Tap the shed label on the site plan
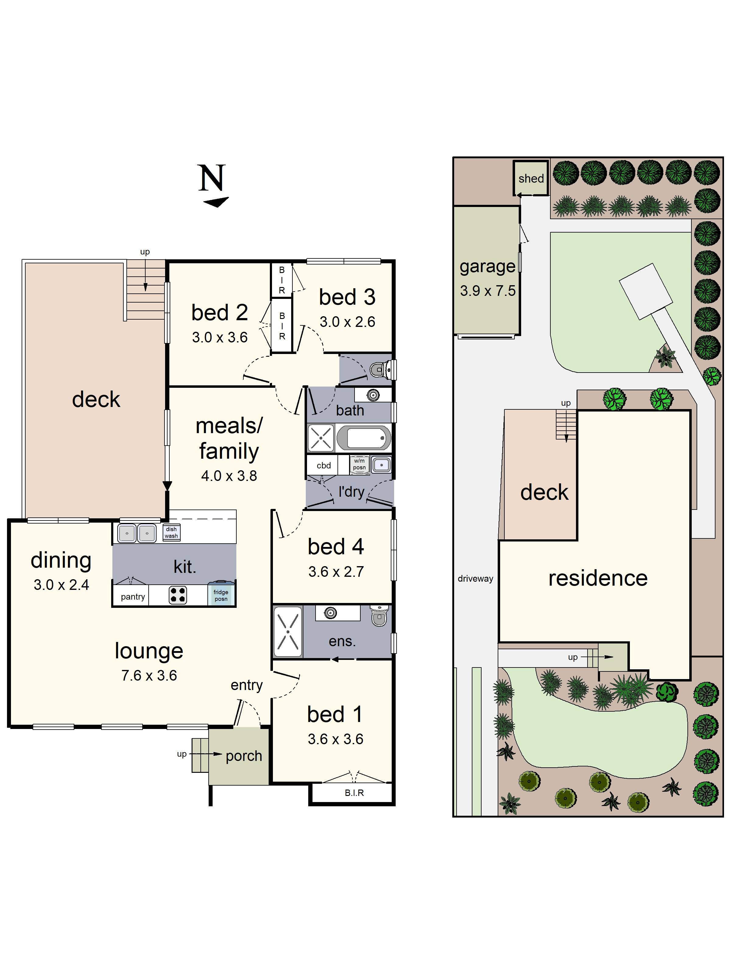pyautogui.click(x=531, y=178)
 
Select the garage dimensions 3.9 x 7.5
pyautogui.click(x=487, y=291)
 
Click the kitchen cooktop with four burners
pyautogui.click(x=178, y=595)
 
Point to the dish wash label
pyautogui.click(x=171, y=532)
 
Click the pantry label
pyautogui.click(x=132, y=597)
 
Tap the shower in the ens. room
pyautogui.click(x=288, y=632)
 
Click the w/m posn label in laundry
pyautogui.click(x=359, y=464)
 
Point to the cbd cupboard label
pyautogui.click(x=323, y=465)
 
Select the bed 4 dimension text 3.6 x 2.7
pyautogui.click(x=336, y=572)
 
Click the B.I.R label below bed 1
pyautogui.click(x=354, y=793)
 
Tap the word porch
pyautogui.click(x=244, y=756)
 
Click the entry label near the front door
pyautogui.click(x=246, y=685)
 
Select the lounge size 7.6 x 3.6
pyautogui.click(x=149, y=675)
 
